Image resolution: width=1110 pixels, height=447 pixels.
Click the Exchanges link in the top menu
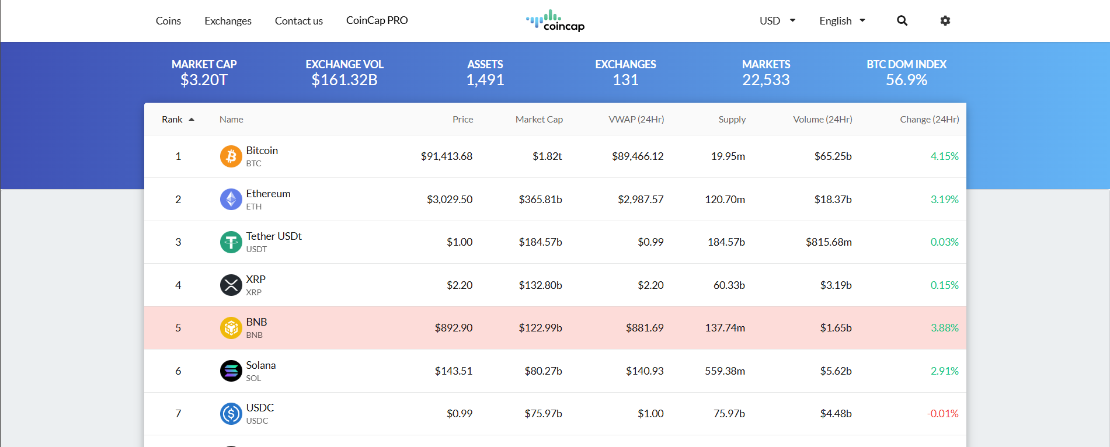click(228, 21)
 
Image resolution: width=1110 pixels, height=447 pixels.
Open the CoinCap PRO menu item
click(377, 20)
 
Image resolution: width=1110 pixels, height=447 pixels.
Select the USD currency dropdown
click(777, 21)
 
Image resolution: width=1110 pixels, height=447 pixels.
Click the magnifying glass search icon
click(902, 21)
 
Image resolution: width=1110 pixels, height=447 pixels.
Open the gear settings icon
click(945, 21)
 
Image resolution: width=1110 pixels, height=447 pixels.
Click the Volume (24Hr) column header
click(822, 120)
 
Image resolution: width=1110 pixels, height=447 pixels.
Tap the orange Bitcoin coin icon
click(231, 156)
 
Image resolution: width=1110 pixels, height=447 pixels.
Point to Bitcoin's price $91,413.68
click(446, 156)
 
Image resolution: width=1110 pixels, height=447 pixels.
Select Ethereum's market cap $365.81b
click(540, 200)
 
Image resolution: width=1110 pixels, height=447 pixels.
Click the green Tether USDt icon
click(231, 242)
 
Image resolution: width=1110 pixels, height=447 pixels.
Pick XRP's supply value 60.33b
click(729, 285)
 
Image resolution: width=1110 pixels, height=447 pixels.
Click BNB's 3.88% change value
click(944, 328)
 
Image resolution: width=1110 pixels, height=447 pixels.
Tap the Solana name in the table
click(260, 365)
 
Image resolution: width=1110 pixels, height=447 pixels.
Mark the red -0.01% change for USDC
click(942, 414)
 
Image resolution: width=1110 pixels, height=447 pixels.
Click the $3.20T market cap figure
click(204, 80)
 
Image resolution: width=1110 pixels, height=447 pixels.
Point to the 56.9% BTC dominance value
click(906, 80)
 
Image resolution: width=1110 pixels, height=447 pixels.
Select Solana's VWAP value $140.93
click(645, 371)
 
